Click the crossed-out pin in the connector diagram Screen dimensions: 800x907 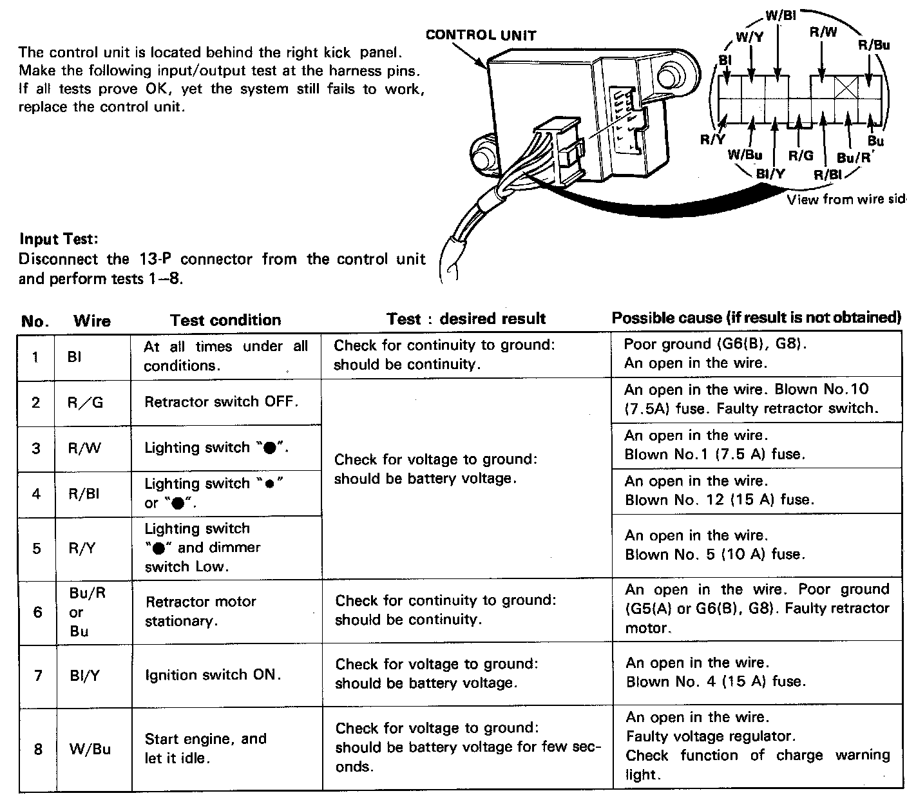843,87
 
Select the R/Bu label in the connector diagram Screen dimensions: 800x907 874,45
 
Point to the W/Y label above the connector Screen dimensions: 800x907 749,37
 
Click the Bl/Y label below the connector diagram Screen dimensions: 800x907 770,173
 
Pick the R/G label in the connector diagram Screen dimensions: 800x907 801,155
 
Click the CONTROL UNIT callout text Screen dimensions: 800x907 481,35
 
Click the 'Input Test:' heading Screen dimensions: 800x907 59,239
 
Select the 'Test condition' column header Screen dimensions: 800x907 225,320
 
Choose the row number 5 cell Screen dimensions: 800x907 37,548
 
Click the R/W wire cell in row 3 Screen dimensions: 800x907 84,448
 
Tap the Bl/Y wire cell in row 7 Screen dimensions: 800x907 86,675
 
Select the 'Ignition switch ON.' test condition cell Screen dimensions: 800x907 213,675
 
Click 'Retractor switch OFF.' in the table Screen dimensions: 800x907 221,402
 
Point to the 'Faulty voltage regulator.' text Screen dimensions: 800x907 711,736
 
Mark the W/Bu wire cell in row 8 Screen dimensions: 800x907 90,748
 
